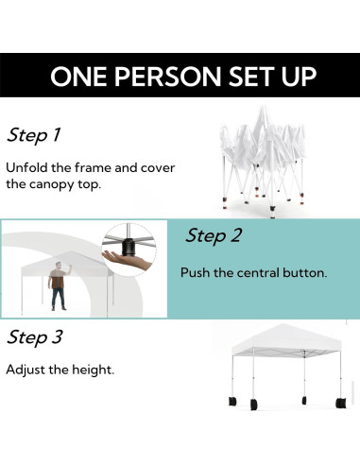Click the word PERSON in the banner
click(167, 77)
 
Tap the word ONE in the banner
click(78, 77)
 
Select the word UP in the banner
click(300, 77)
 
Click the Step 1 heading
click(34, 135)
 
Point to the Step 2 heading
click(214, 235)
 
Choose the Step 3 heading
click(35, 337)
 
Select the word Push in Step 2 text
click(195, 272)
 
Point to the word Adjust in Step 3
click(26, 370)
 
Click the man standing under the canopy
click(59, 286)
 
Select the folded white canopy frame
click(263, 162)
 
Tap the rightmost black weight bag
click(341, 403)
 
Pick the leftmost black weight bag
click(232, 401)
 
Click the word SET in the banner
click(251, 77)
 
